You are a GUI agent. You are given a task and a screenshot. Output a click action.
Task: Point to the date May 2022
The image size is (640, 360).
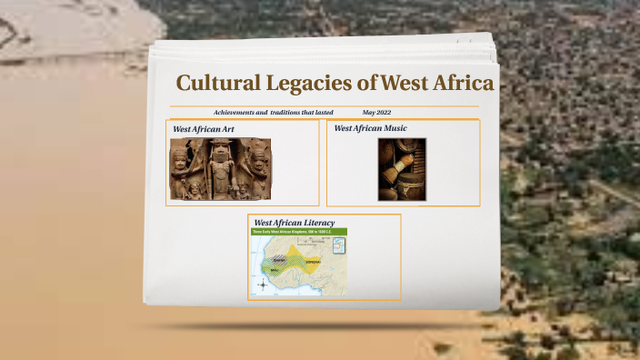[x=376, y=112]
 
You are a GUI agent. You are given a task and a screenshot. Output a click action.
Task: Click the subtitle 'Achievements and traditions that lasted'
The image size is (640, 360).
[x=274, y=112]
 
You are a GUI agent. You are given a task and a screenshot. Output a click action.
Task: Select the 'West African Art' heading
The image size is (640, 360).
[x=204, y=129]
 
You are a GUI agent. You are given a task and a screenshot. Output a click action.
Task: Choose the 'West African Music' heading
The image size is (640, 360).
[x=370, y=129]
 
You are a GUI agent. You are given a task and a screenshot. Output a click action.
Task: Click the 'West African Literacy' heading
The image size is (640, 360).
[x=295, y=223]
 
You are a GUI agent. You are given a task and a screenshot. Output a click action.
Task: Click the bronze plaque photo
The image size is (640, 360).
[x=220, y=169]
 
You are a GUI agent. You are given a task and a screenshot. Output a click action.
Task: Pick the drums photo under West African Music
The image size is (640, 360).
[x=402, y=169]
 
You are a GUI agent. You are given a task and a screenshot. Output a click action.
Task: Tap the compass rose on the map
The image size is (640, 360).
[x=264, y=285]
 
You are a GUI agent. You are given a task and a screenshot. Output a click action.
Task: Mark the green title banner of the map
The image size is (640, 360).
[x=298, y=232]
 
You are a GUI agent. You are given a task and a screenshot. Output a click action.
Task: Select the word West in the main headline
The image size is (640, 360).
[x=404, y=84]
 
